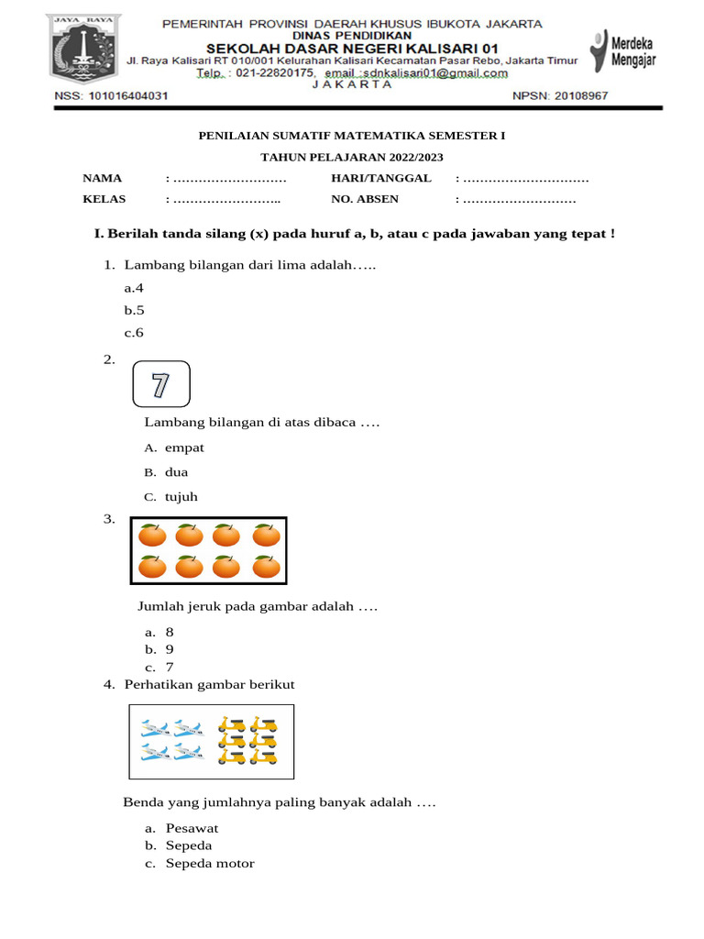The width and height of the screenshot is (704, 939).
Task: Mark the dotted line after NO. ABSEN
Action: point(519,199)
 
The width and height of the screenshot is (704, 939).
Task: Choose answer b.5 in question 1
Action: point(135,310)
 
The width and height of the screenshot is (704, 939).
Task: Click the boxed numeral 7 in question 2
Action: point(161,384)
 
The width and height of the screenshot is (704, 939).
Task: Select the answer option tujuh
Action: point(181,497)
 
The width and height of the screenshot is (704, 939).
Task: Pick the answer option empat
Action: point(184,447)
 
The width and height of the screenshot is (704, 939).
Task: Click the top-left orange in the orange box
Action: point(152,535)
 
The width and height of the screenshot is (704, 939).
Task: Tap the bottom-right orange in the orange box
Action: point(266,567)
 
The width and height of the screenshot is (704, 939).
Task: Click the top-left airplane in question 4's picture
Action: point(155,730)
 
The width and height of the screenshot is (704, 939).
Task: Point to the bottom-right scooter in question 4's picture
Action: point(263,756)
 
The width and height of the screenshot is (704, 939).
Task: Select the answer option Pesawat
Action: point(192,828)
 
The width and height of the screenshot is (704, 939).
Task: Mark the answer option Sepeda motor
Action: point(210,863)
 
